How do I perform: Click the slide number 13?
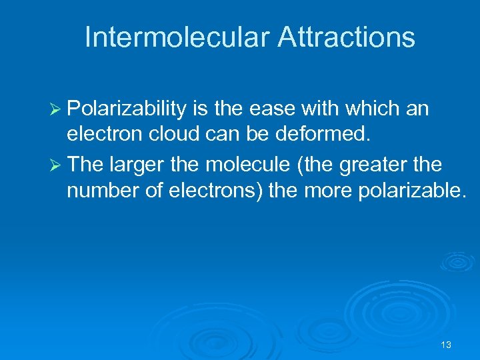pos(446,345)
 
